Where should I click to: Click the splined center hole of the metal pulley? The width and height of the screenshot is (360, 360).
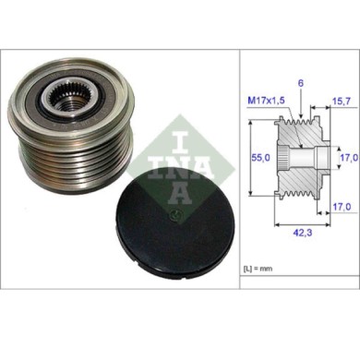pyautogui.click(x=67, y=94)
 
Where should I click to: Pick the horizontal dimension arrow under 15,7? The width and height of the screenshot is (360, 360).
pyautogui.click(x=330, y=111)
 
